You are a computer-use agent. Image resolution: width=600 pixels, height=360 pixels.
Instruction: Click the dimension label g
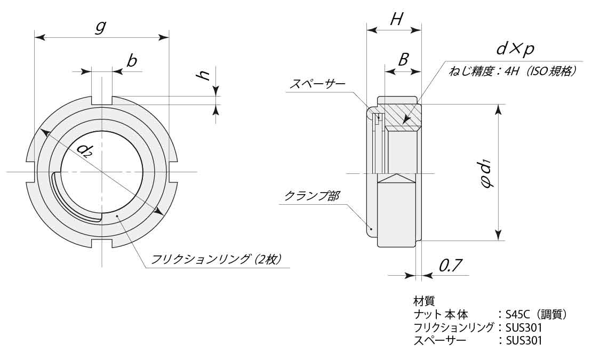[x=100, y=27]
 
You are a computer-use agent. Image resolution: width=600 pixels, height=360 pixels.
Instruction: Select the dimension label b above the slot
[x=131, y=61]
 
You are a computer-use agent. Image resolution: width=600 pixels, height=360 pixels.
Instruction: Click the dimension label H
[x=396, y=20]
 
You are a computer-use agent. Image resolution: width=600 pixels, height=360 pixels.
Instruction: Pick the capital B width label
[x=403, y=59]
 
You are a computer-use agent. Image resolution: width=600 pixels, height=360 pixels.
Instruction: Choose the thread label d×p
[x=515, y=49]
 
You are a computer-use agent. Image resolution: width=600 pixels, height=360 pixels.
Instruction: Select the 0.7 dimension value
[x=450, y=265]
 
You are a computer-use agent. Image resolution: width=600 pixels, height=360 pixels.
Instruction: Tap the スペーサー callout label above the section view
[x=317, y=84]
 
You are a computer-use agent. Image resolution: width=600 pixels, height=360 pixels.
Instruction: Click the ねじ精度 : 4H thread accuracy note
[x=513, y=71]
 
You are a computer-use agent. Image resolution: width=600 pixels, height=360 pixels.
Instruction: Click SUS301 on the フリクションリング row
[x=523, y=327]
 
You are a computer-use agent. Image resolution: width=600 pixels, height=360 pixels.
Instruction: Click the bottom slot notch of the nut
[x=102, y=244]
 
